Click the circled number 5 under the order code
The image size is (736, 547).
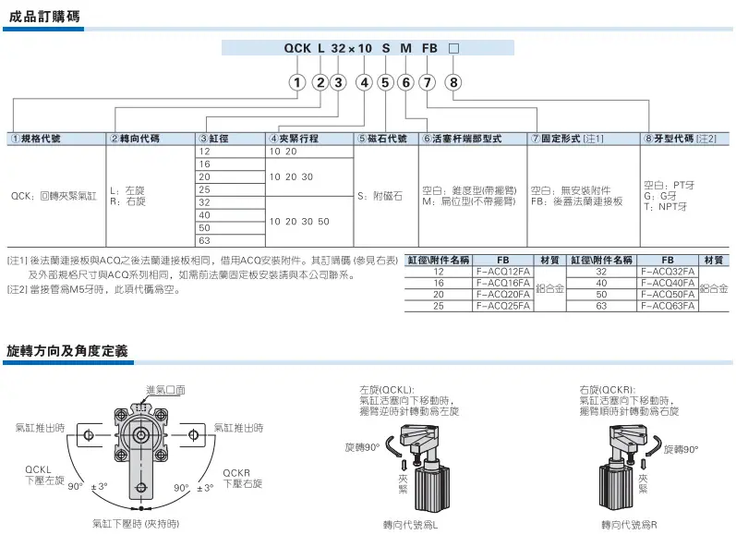point(385,82)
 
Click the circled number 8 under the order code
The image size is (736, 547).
point(453,82)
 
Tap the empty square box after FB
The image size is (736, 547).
point(453,48)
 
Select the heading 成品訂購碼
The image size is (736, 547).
point(44,17)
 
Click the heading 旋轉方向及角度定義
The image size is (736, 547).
point(67,351)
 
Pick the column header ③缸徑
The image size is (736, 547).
point(213,139)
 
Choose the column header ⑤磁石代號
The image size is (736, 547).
point(382,139)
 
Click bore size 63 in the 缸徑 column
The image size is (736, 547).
point(204,240)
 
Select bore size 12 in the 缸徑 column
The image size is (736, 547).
point(204,152)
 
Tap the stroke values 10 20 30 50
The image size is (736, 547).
point(299,221)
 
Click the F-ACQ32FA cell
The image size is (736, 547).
point(668,272)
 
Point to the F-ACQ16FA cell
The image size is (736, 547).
point(502,283)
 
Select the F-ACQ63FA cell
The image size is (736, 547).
point(668,306)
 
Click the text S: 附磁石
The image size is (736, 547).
point(380,196)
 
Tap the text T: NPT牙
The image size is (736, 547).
point(666,207)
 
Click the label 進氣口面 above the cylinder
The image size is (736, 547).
point(165,390)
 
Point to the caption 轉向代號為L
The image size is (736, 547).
point(410,525)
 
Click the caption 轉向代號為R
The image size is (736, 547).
point(630,525)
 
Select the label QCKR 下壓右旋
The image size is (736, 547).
point(242,478)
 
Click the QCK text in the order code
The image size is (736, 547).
point(297,48)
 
